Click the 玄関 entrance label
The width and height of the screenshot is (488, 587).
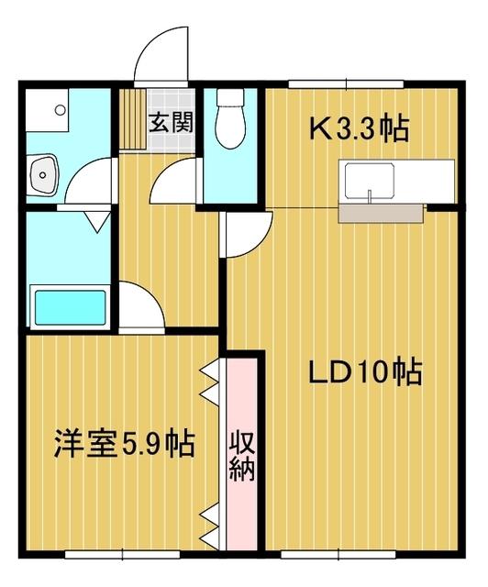[x=171, y=122]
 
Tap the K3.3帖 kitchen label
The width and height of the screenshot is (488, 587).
[x=359, y=128]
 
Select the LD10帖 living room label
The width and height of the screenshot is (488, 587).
[x=365, y=372]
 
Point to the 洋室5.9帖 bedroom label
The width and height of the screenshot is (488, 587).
[x=125, y=444]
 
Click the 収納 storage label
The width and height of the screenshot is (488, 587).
[x=241, y=456]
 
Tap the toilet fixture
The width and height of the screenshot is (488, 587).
[x=230, y=118]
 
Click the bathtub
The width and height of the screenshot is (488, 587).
[x=70, y=307]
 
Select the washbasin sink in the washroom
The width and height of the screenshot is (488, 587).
[x=43, y=175]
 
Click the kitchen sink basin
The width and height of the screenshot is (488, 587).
[x=370, y=182]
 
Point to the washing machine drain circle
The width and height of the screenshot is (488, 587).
[x=60, y=110]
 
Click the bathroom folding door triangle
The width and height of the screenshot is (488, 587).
[x=97, y=222]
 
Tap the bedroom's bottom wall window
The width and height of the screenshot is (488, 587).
[x=123, y=554]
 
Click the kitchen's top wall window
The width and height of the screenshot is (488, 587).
[x=346, y=83]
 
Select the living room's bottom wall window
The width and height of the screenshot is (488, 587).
[x=338, y=554]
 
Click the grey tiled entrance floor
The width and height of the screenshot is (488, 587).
[x=172, y=120]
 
